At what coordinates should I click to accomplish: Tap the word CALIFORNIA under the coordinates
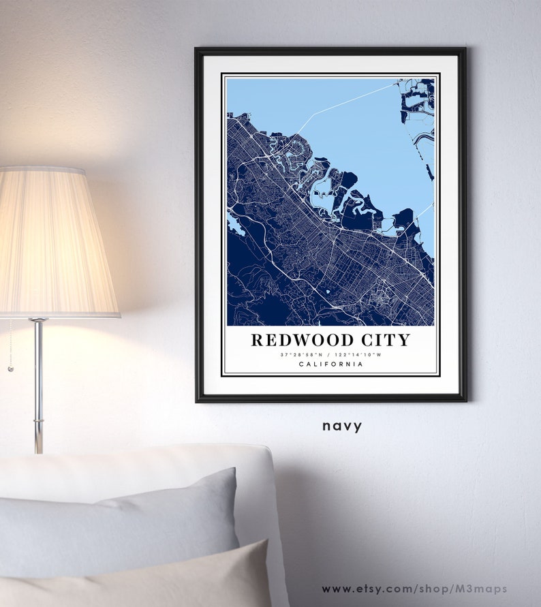(x=330, y=364)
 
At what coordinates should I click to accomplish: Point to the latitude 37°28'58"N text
(x=300, y=354)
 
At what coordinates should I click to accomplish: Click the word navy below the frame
(x=343, y=426)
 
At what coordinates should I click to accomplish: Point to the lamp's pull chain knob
(x=10, y=369)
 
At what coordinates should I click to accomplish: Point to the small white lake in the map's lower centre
(x=328, y=292)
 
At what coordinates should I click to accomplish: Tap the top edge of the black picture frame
(x=330, y=50)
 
